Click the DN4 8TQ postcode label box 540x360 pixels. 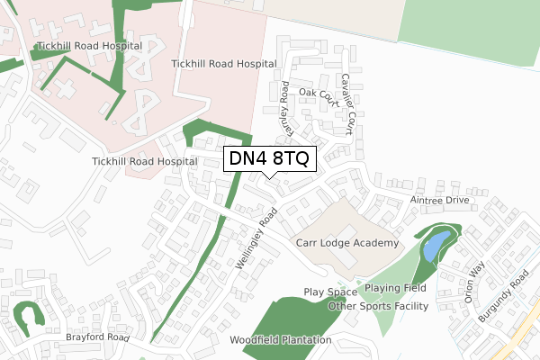269,158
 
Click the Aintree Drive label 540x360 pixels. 439,200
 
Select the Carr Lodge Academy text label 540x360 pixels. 346,244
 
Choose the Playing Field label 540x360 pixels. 395,288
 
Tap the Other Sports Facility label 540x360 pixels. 378,306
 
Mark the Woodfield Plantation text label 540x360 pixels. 280,340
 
